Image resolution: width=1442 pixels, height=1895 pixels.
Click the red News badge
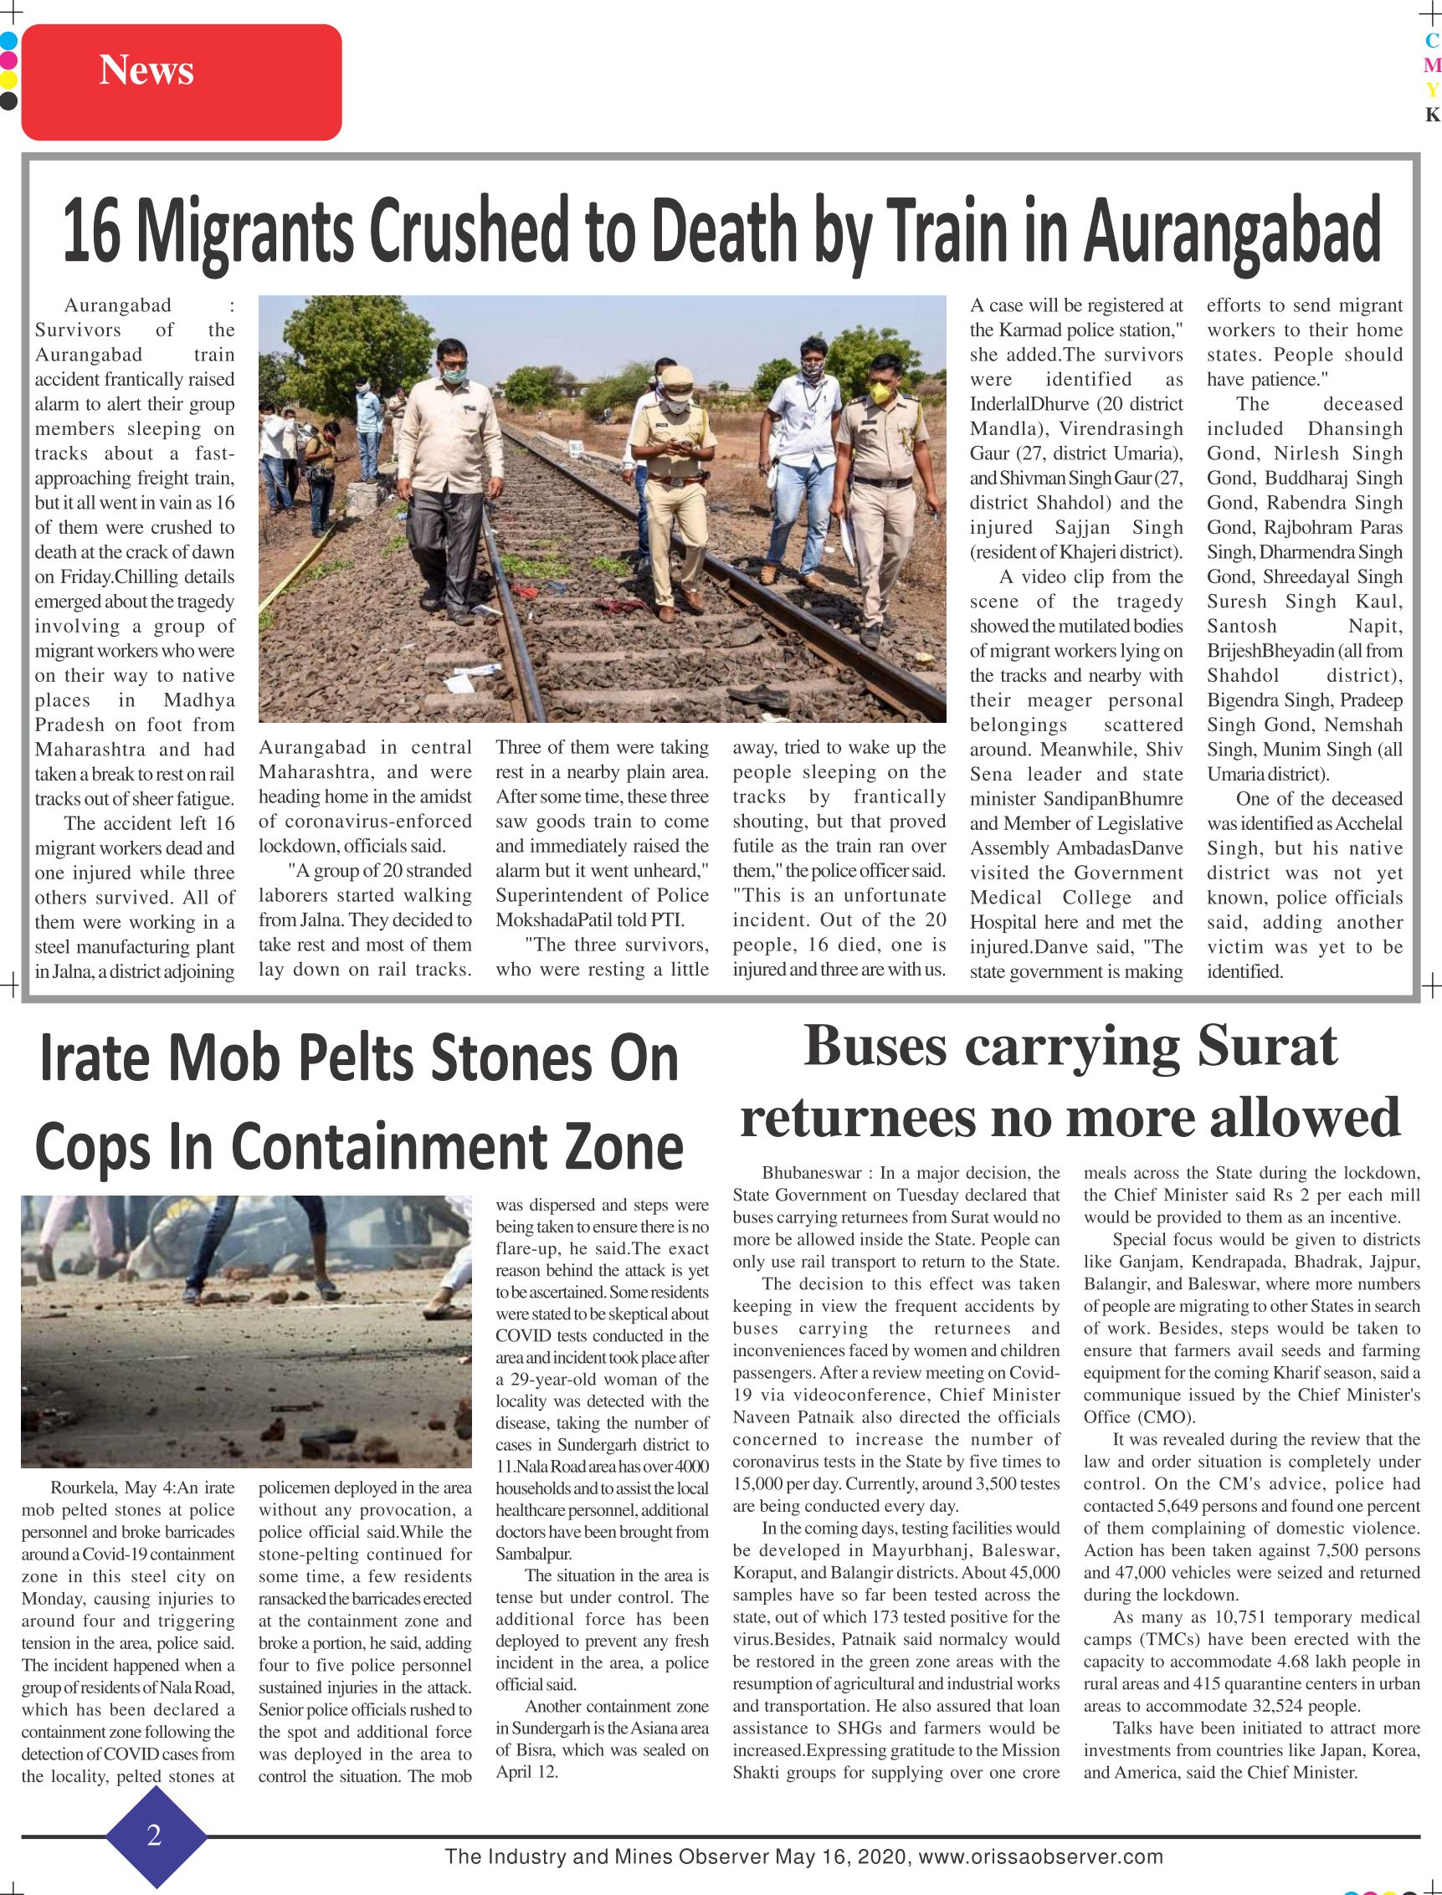coord(181,81)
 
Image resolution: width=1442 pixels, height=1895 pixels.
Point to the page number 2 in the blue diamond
coord(155,1835)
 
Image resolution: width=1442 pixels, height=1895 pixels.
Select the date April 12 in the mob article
coord(525,1770)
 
